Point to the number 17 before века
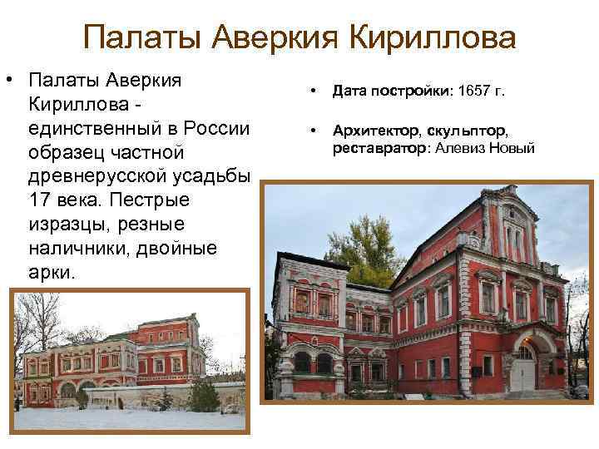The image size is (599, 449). [x=41, y=201]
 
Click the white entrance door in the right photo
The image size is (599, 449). [x=522, y=370]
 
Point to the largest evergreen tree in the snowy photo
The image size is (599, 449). [x=166, y=398]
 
